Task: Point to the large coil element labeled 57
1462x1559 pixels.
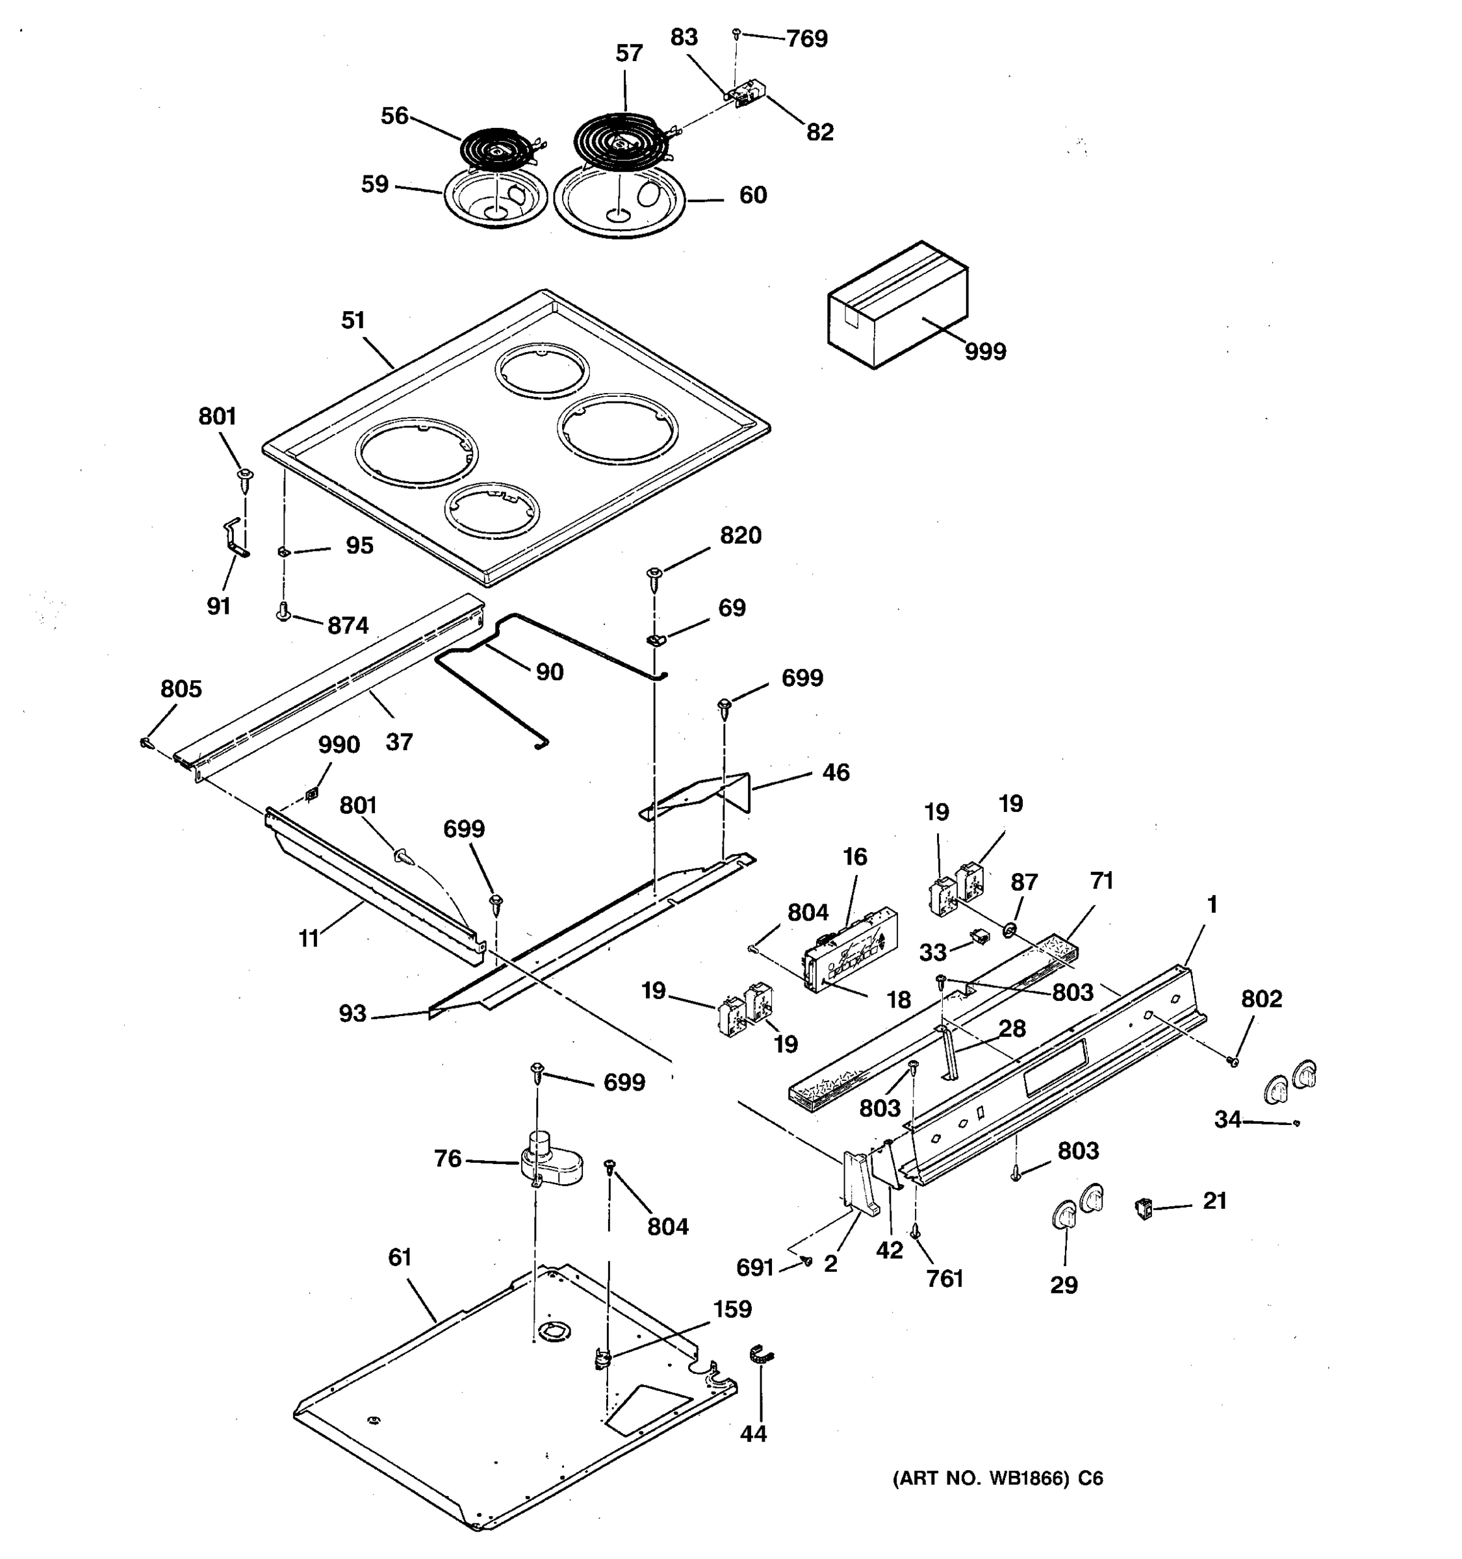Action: click(x=620, y=141)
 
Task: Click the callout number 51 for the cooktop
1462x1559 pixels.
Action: click(x=353, y=320)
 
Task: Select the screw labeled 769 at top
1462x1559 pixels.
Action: click(x=736, y=34)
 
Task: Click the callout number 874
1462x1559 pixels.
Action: click(x=348, y=625)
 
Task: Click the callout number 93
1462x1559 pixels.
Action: click(x=352, y=1013)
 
